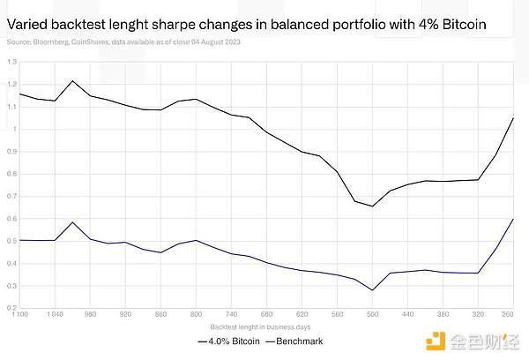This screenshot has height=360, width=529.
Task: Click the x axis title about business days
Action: point(263,327)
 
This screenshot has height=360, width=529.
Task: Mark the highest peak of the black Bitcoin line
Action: point(72,81)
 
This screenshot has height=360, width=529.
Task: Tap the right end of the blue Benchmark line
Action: point(513,219)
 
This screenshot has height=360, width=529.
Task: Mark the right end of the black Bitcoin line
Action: point(513,118)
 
